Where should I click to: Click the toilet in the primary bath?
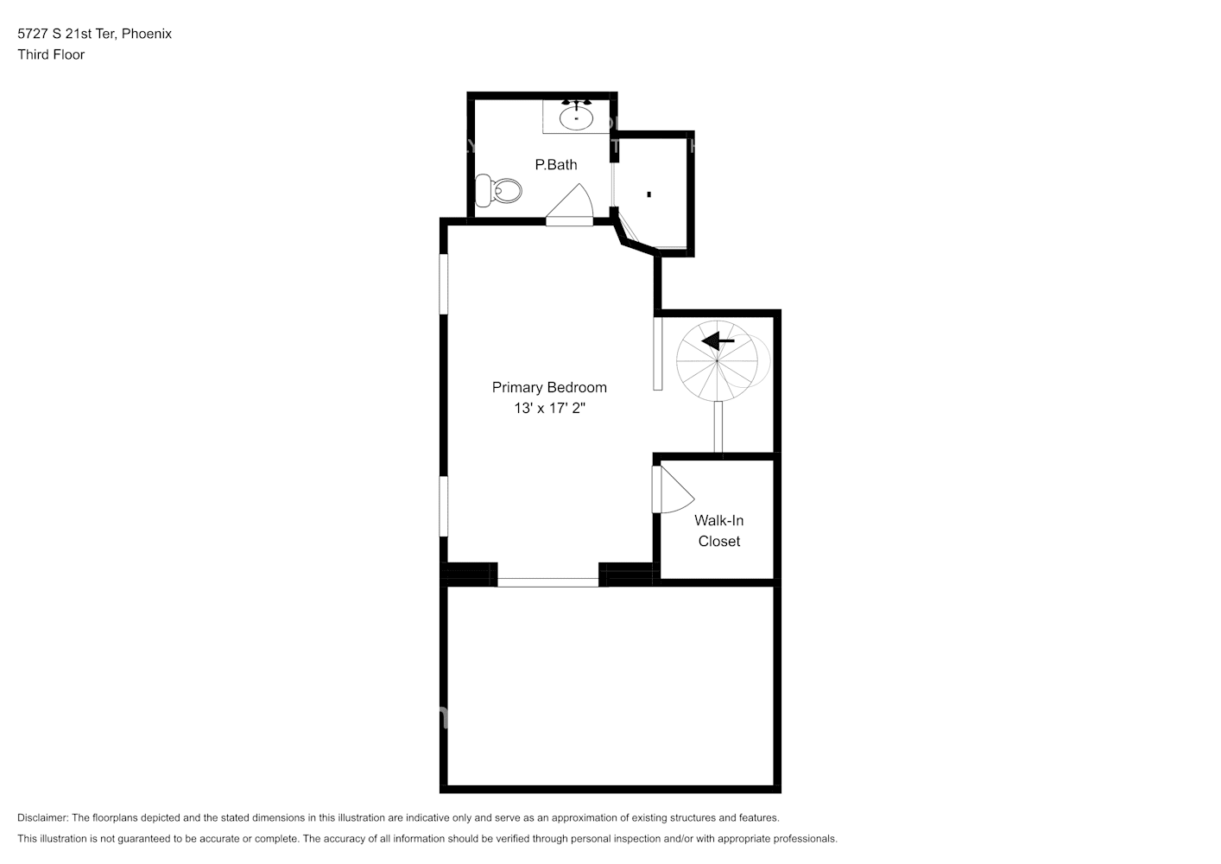(x=500, y=190)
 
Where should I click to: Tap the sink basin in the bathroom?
(x=576, y=117)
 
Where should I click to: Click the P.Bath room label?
(x=555, y=164)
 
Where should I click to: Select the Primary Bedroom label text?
(x=549, y=387)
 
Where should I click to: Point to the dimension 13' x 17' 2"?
(x=549, y=408)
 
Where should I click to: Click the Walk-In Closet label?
(x=718, y=530)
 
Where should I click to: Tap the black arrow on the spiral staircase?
(x=717, y=341)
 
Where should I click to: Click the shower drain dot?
(x=648, y=194)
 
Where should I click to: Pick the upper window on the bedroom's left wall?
(x=444, y=283)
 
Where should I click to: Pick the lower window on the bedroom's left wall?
(x=444, y=506)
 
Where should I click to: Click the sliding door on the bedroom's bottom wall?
(x=547, y=582)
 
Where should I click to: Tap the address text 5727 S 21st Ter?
(x=66, y=34)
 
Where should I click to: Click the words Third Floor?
(x=51, y=54)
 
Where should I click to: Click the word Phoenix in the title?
(x=147, y=34)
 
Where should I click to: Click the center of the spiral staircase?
(x=717, y=361)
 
